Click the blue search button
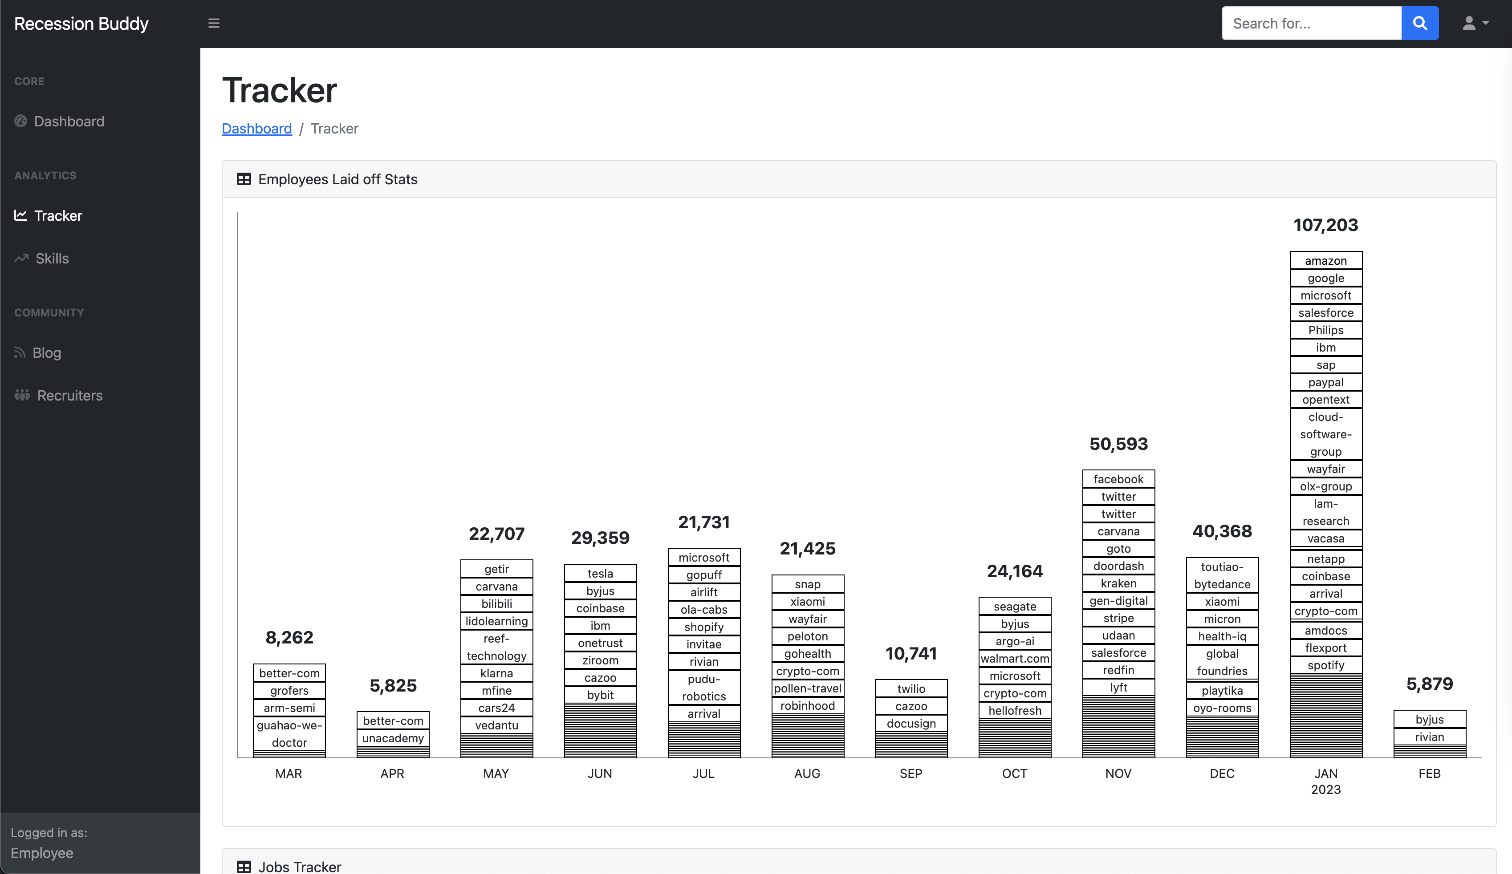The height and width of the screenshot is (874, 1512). coord(1419,24)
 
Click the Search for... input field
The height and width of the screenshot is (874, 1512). coord(1311,24)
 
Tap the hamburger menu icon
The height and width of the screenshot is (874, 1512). coord(214,24)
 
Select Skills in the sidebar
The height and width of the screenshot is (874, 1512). coord(52,259)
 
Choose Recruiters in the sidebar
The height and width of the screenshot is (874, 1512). coord(69,395)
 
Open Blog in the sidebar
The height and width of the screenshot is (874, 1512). coord(46,353)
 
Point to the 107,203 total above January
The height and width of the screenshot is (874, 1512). coord(1325,225)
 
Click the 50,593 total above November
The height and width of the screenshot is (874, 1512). coord(1118,444)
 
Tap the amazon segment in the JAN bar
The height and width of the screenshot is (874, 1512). coord(1325,260)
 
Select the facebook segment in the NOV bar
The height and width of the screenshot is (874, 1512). coord(1118,479)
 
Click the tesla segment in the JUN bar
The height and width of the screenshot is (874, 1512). coord(600,574)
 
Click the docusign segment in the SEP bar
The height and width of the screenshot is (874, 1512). coord(911,724)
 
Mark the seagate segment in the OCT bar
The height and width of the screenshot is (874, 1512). coord(1015,607)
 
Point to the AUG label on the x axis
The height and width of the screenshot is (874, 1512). coord(807,773)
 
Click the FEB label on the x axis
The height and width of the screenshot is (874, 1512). coord(1429,773)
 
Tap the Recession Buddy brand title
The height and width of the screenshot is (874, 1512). coord(81,24)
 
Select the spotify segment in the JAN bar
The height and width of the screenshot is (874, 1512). coord(1325,665)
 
